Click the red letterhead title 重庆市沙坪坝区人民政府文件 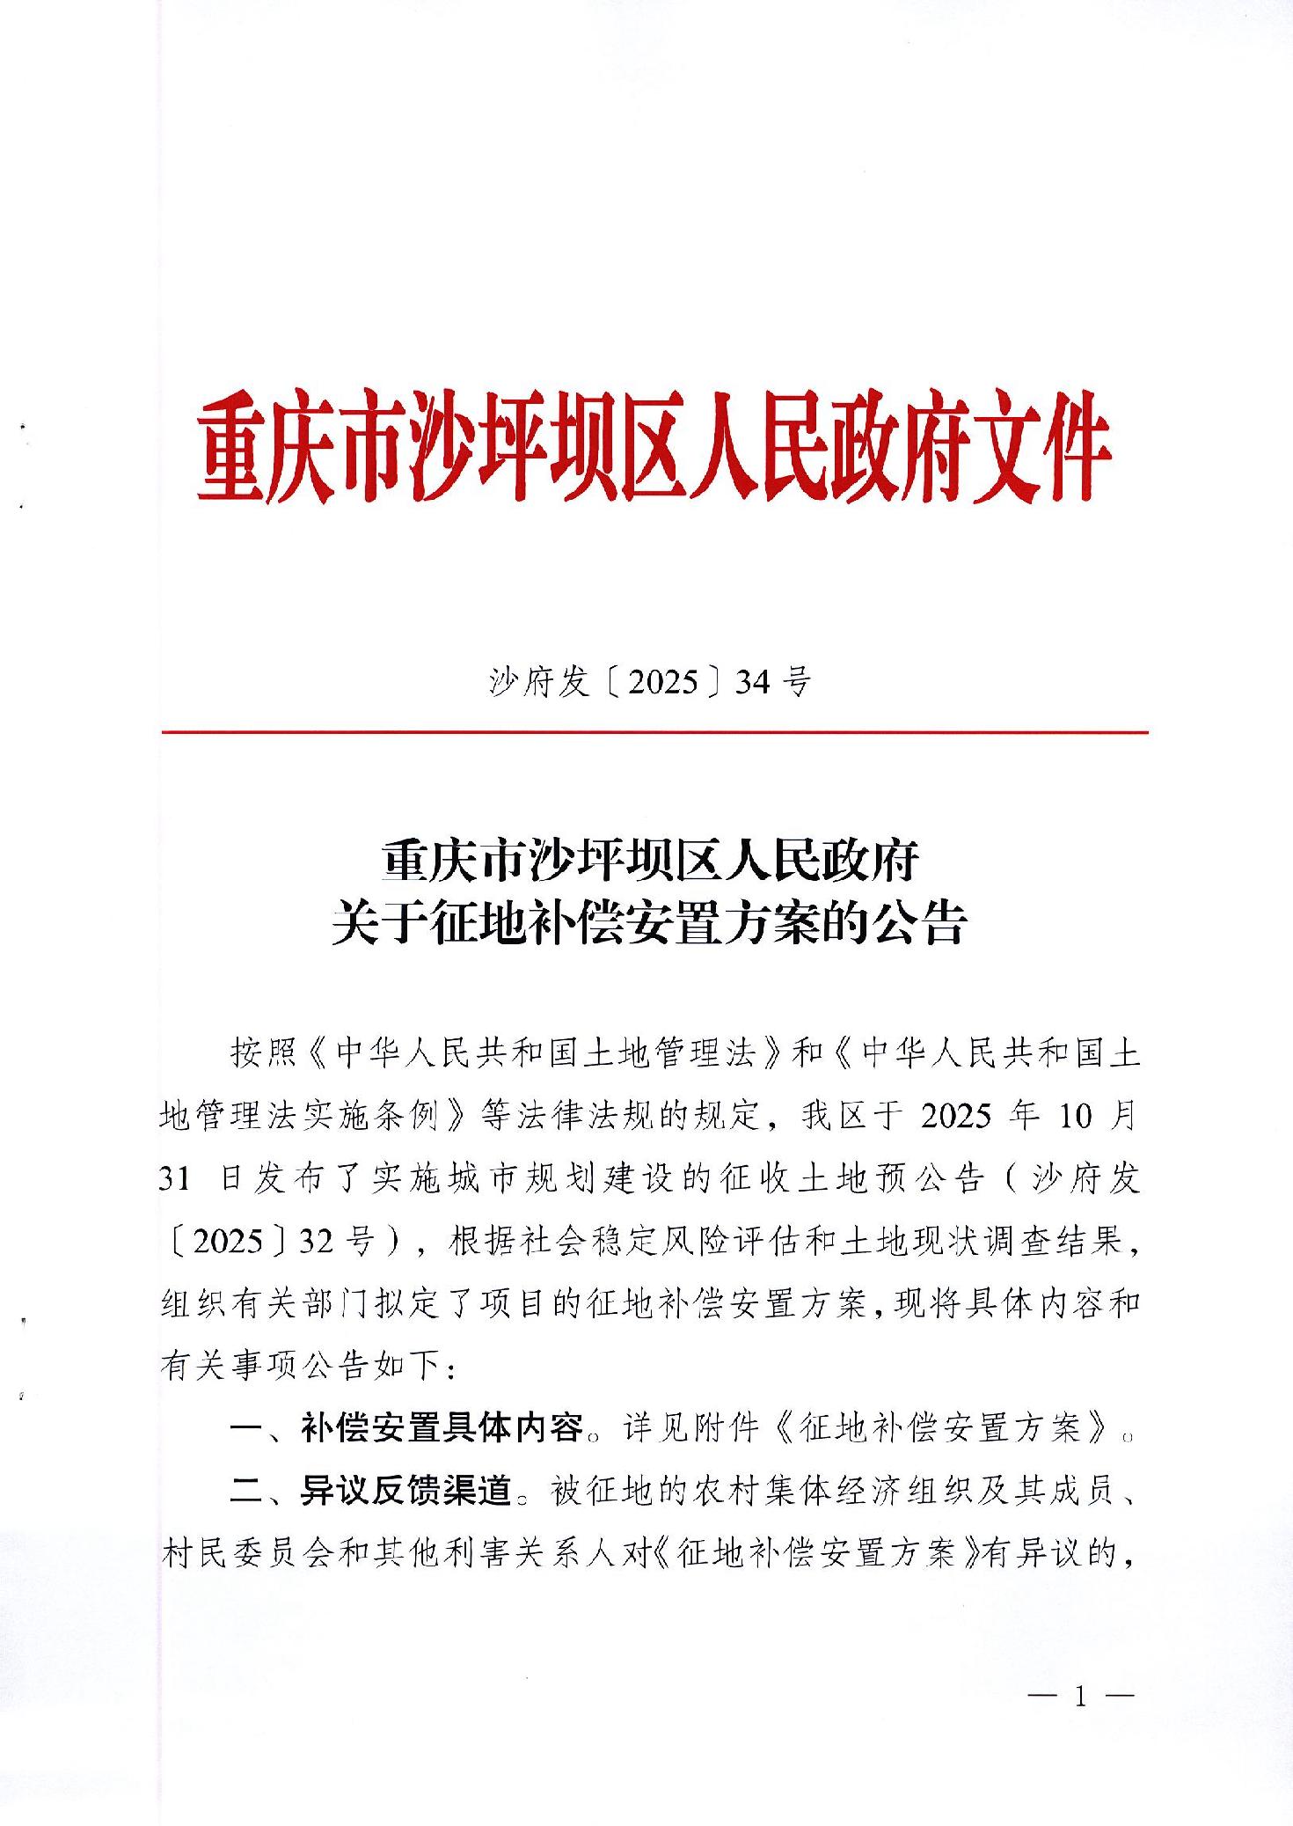(653, 448)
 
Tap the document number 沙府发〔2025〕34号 (650, 681)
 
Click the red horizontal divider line (654, 732)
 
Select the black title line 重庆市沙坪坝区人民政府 (650, 861)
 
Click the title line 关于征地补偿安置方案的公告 (650, 924)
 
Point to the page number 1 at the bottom (1080, 1697)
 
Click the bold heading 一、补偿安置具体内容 (406, 1427)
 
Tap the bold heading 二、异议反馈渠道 (371, 1491)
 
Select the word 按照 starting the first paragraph (261, 1052)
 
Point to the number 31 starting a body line (176, 1177)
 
